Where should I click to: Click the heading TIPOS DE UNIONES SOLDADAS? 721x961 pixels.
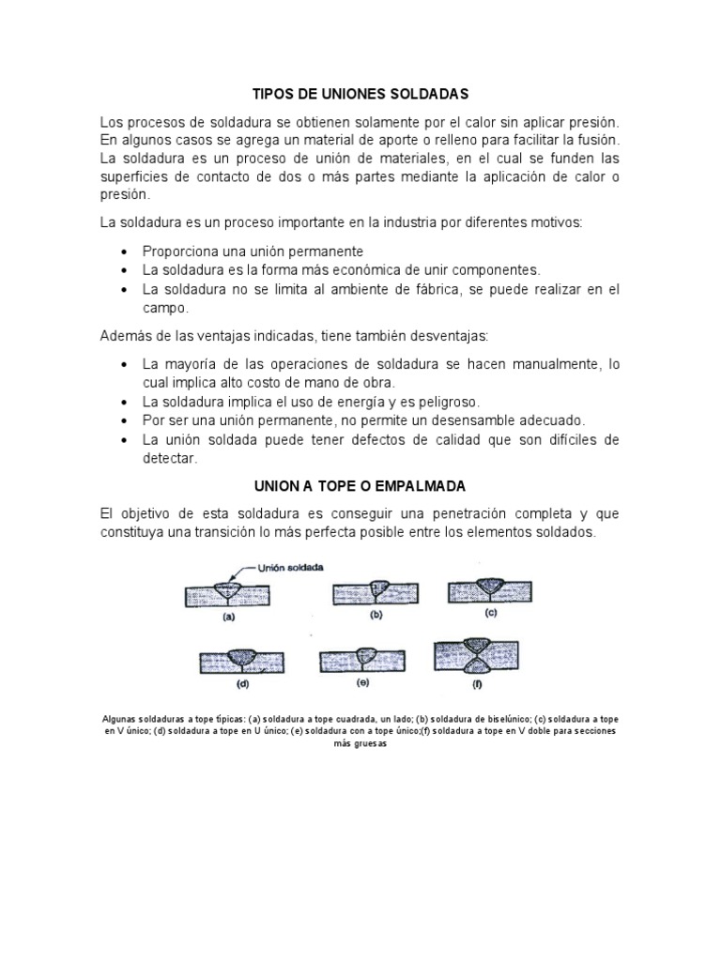click(x=360, y=95)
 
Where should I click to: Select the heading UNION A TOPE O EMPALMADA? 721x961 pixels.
click(x=360, y=486)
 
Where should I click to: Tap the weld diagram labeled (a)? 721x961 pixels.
click(x=228, y=594)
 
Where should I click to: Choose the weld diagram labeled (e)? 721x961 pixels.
click(x=362, y=661)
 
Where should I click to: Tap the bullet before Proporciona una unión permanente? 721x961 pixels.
click(x=125, y=252)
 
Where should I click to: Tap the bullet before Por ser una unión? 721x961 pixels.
click(x=125, y=420)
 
